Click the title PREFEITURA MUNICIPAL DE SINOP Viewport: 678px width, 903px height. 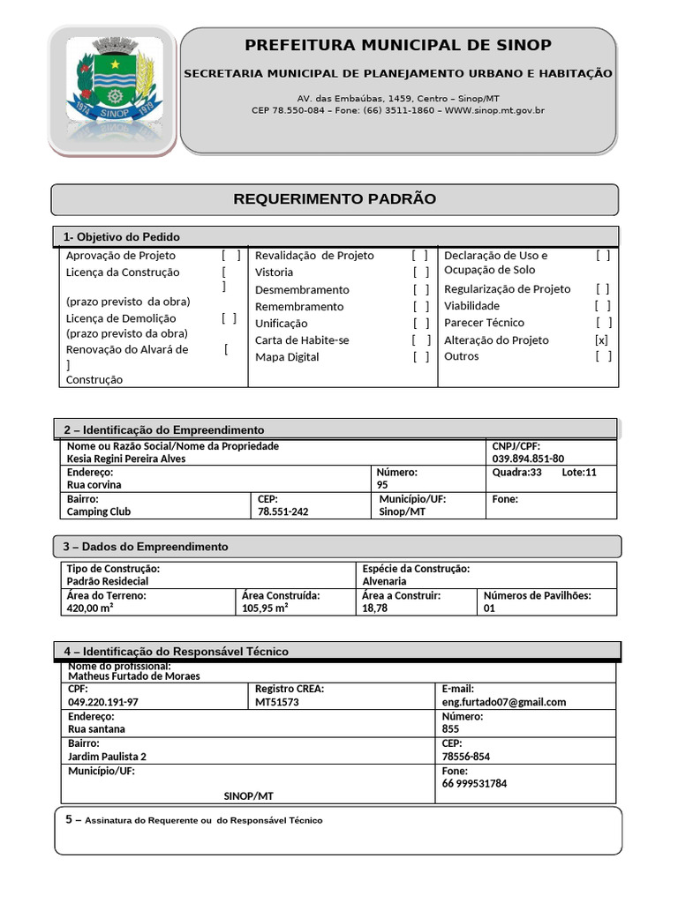397,45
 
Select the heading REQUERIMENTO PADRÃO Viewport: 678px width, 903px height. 335,199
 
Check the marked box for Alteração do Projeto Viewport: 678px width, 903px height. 602,340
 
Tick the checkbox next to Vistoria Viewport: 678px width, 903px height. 421,272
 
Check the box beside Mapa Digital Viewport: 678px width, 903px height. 421,357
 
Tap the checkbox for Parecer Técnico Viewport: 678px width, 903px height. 603,323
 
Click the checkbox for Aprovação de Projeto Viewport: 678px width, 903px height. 231,256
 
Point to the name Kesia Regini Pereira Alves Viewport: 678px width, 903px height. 126,459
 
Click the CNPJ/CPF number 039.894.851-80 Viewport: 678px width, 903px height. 528,459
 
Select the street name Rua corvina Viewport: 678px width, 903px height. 94,484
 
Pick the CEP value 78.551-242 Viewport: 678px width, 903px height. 283,511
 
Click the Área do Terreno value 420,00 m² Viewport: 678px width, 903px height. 90,608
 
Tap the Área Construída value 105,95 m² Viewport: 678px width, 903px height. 266,608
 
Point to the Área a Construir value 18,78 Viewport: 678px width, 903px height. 374,608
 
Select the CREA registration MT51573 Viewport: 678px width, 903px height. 277,702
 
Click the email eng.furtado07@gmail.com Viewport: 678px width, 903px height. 504,702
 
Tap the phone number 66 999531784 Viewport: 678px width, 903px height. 475,783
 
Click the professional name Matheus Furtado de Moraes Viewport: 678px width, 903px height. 134,676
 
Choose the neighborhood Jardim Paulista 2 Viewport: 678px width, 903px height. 108,756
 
